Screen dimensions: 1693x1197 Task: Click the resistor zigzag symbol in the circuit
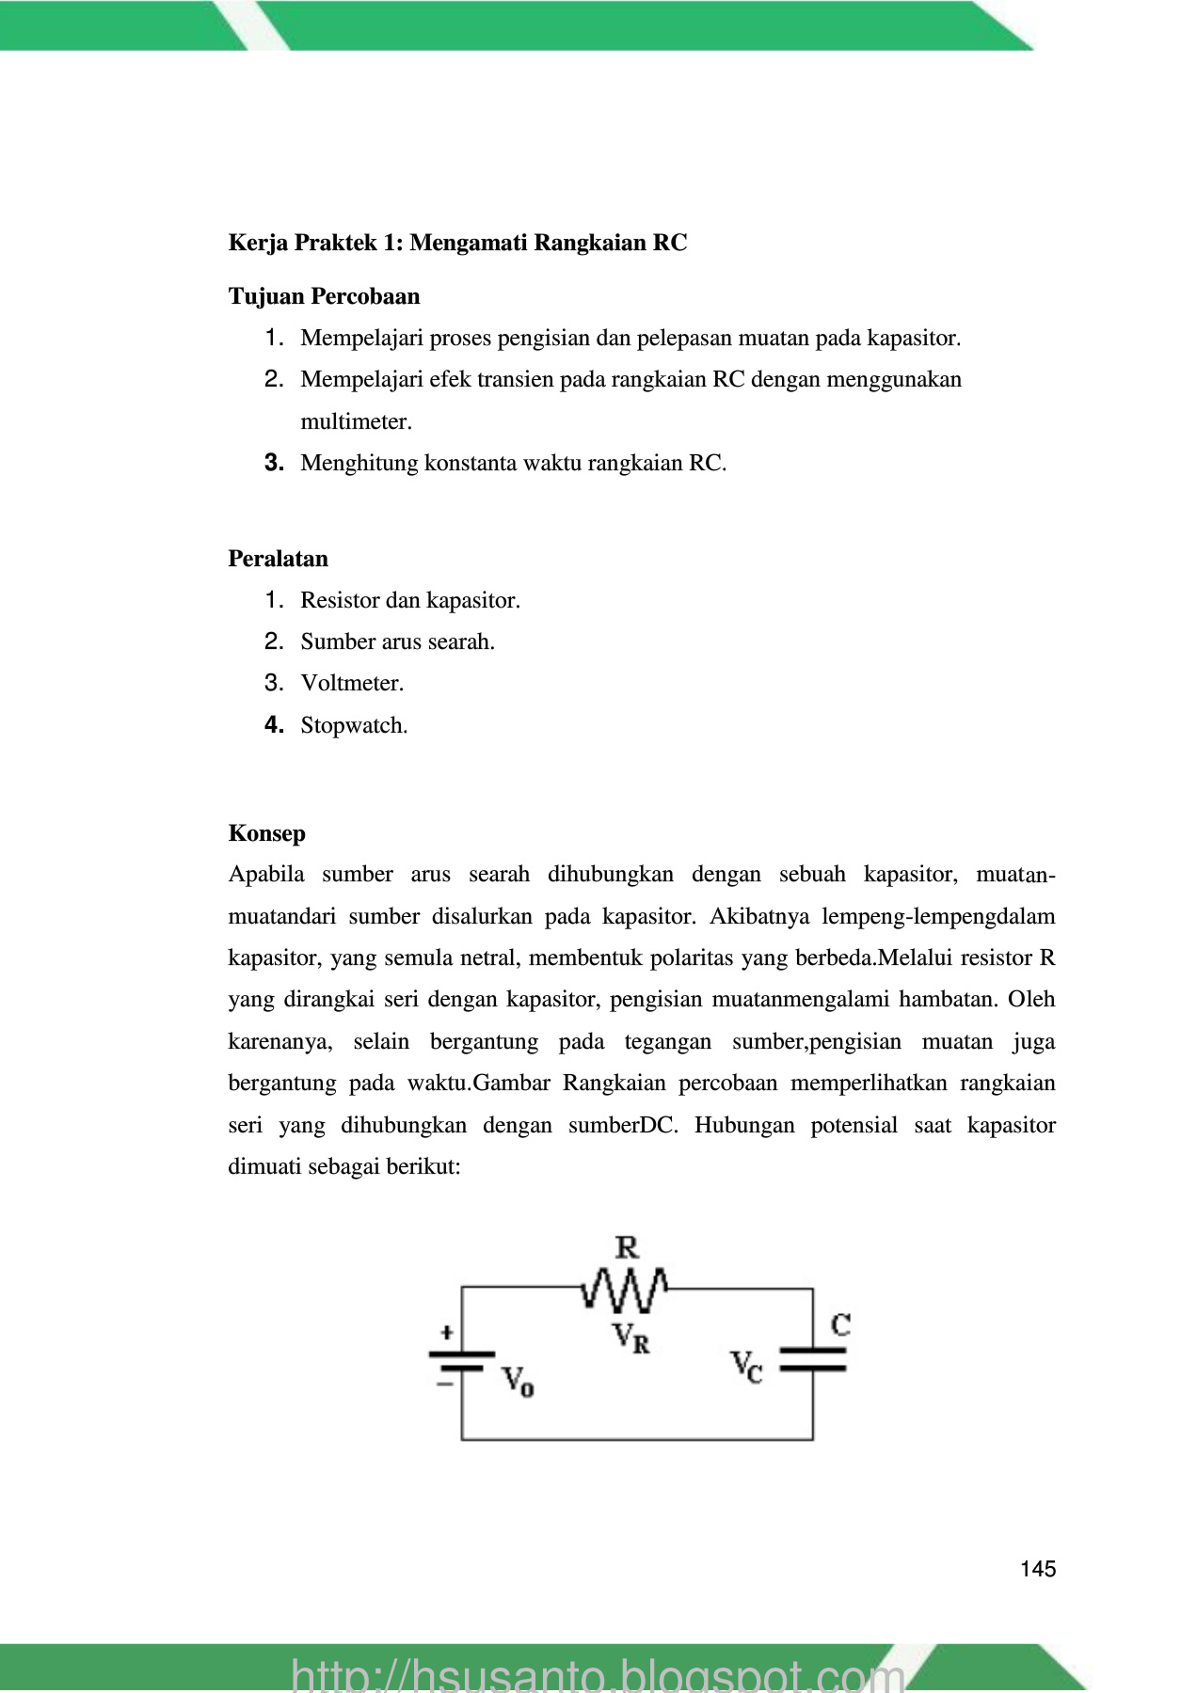pyautogui.click(x=625, y=1290)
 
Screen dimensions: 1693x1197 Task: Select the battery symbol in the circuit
pyautogui.click(x=461, y=1362)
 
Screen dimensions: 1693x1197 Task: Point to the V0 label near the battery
pyautogui.click(x=518, y=1382)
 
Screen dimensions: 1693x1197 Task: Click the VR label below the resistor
pyautogui.click(x=630, y=1337)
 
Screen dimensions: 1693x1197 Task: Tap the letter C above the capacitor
pyautogui.click(x=840, y=1325)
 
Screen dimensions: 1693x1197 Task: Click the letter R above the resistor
pyautogui.click(x=627, y=1248)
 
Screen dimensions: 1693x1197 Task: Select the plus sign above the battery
pyautogui.click(x=447, y=1332)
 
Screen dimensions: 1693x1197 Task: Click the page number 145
pyautogui.click(x=1037, y=1569)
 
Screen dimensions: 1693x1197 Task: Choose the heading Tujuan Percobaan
pyautogui.click(x=324, y=296)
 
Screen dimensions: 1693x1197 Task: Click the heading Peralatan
pyautogui.click(x=278, y=559)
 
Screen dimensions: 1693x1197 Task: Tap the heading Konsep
pyautogui.click(x=266, y=833)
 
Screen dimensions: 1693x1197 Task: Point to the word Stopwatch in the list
pyautogui.click(x=353, y=726)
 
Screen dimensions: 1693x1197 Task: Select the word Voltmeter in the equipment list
pyautogui.click(x=351, y=684)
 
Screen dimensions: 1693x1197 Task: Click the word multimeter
pyautogui.click(x=355, y=422)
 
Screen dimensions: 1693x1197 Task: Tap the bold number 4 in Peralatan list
pyautogui.click(x=274, y=725)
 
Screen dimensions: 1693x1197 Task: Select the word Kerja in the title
pyautogui.click(x=257, y=243)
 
